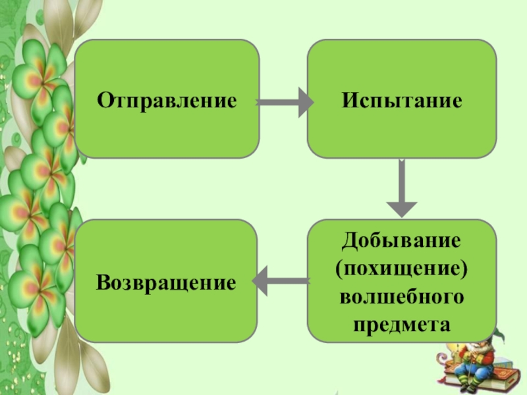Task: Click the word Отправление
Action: click(x=167, y=101)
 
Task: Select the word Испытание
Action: click(x=401, y=101)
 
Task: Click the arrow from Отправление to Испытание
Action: click(x=283, y=102)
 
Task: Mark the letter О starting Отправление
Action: click(x=105, y=101)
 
